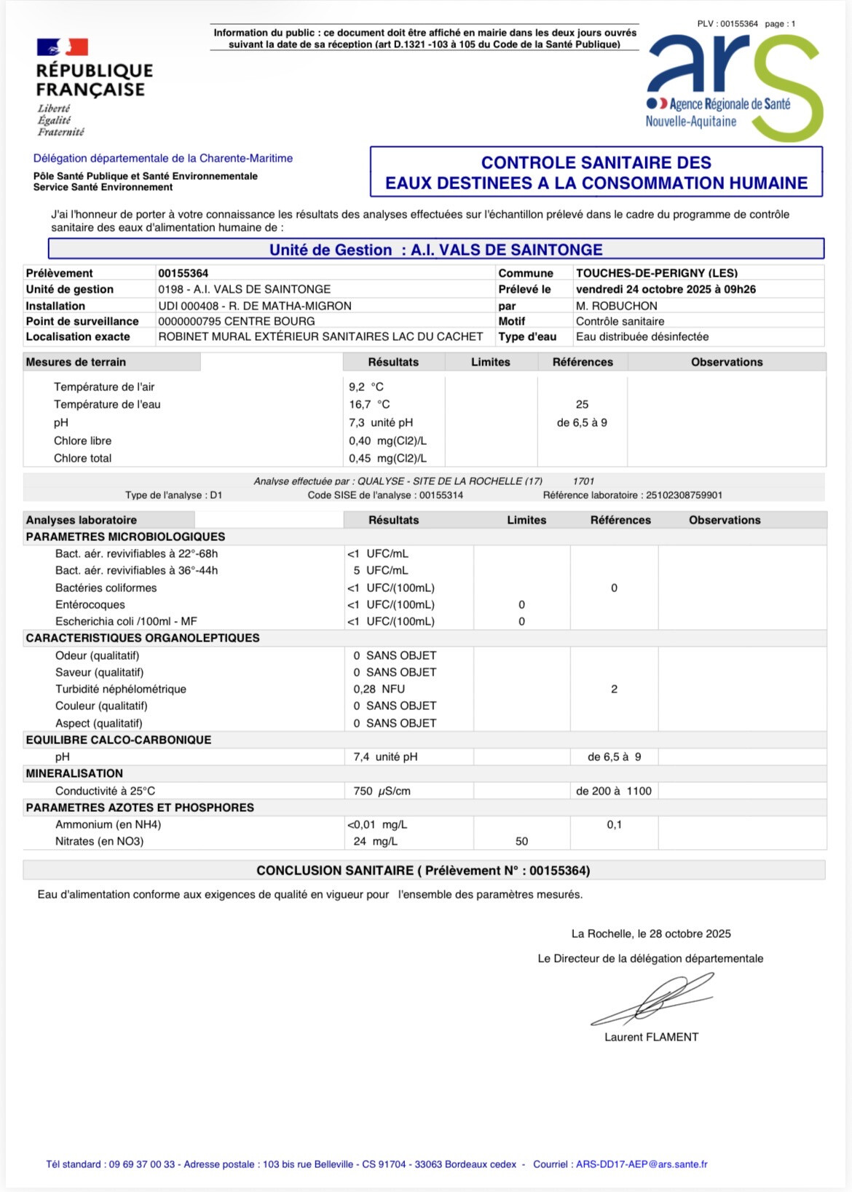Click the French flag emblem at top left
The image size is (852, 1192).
(63, 47)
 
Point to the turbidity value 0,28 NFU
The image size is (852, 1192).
(379, 690)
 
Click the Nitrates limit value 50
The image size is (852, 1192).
(521, 842)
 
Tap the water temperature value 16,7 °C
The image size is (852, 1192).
(369, 405)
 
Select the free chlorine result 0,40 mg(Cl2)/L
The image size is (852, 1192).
(387, 441)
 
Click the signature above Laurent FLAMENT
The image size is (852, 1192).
(652, 1000)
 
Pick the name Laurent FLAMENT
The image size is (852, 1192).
(651, 1038)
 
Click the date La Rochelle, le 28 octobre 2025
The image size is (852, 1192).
(651, 934)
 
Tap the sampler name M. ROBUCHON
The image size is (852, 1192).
(616, 307)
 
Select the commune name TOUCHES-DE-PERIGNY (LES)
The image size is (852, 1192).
(656, 274)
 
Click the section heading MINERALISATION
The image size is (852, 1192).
(74, 774)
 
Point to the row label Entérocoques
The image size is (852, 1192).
(90, 605)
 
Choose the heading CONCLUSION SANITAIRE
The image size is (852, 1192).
(423, 871)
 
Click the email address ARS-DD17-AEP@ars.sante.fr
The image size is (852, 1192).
(642, 1164)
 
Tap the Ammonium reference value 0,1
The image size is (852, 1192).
(614, 825)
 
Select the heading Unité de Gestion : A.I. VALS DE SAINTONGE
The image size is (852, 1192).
(435, 250)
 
